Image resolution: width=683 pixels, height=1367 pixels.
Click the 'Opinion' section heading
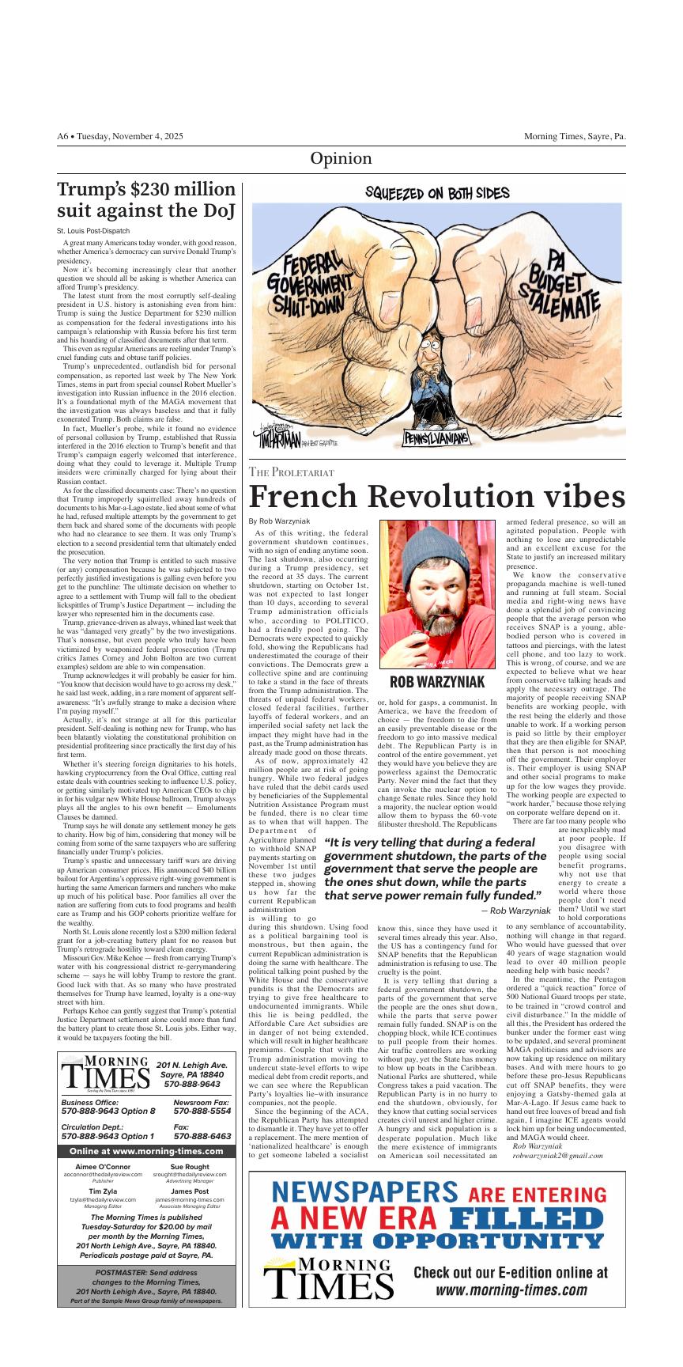[341, 158]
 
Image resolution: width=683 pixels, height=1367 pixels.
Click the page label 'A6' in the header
[63, 136]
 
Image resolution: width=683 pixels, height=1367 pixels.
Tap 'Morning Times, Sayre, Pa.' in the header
[575, 136]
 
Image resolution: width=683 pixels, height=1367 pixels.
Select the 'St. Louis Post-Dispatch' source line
[88, 231]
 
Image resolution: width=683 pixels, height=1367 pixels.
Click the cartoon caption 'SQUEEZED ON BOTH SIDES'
[436, 193]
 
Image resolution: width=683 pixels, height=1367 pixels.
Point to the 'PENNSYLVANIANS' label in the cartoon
[436, 437]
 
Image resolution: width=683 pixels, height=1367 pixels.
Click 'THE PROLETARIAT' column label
[291, 472]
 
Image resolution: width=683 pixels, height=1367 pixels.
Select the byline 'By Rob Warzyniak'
[279, 521]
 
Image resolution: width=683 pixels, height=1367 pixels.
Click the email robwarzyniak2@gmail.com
[557, 1155]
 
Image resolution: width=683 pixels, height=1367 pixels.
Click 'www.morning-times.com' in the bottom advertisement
[511, 1290]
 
